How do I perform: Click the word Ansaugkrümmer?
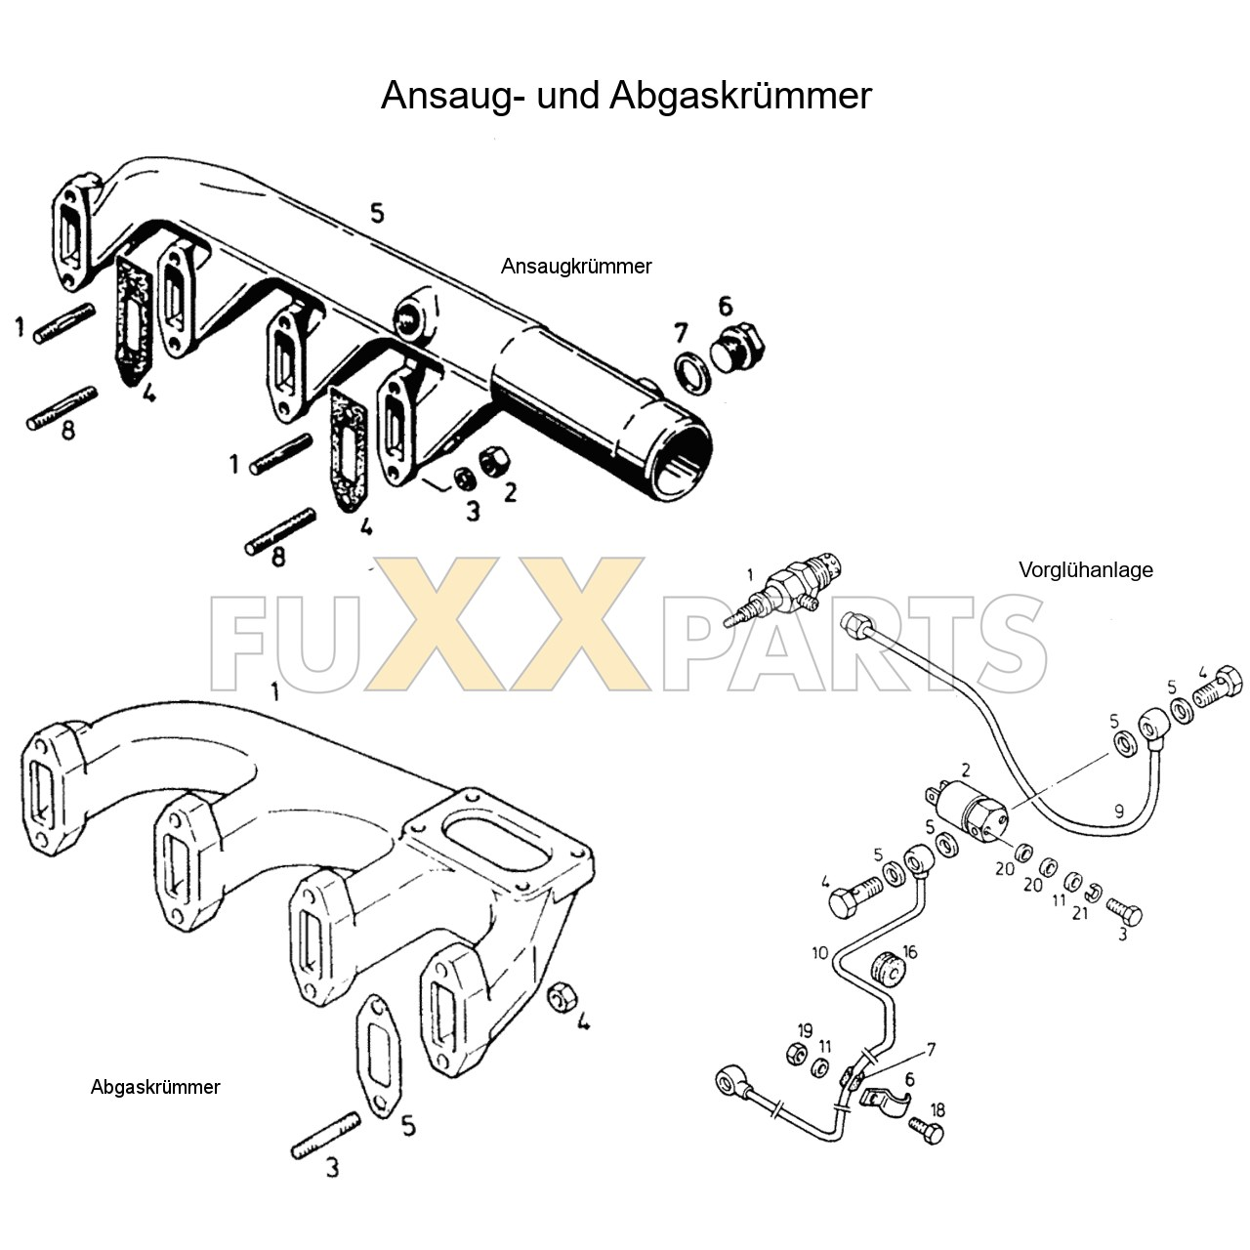576,266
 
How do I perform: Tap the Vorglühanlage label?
1085,570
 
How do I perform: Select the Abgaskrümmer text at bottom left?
155,1087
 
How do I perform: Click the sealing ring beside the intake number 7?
694,372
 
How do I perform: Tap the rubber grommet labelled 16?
888,967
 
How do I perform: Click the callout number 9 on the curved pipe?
1118,811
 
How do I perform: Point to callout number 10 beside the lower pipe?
818,952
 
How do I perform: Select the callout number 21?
1080,913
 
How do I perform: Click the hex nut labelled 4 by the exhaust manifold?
562,997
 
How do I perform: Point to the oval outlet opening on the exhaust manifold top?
497,840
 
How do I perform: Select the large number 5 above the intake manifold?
377,213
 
